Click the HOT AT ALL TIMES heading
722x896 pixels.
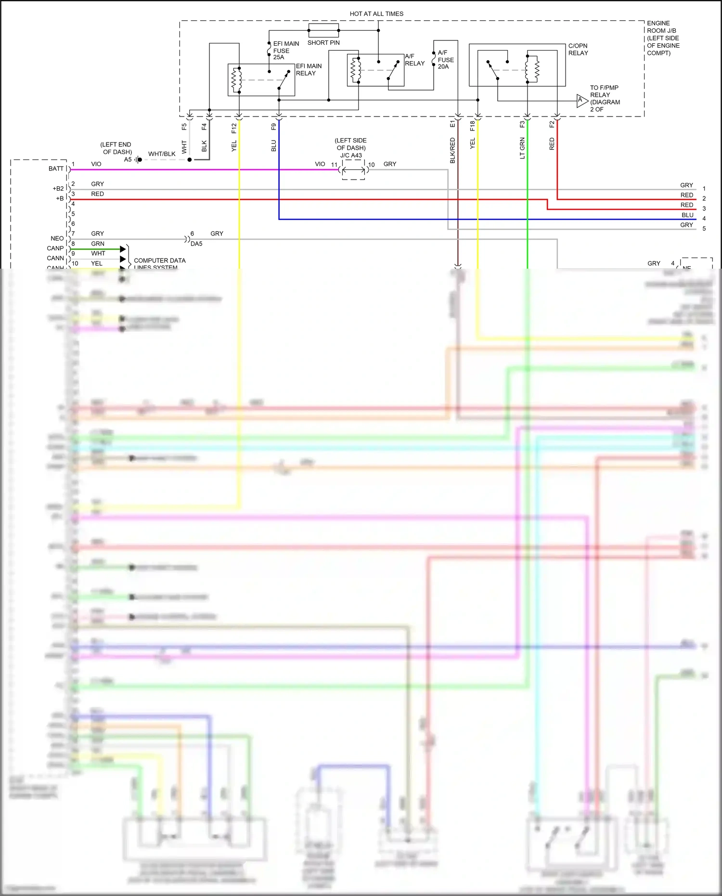(376, 14)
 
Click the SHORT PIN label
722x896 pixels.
(323, 43)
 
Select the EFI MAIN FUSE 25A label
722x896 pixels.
(286, 51)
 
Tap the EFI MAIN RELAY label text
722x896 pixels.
(309, 70)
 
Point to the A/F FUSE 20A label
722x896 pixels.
(445, 60)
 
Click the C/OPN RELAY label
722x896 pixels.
(578, 50)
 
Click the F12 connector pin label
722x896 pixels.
(234, 128)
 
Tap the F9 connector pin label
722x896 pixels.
(273, 127)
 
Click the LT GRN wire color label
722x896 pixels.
(522, 148)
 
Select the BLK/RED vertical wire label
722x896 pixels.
(452, 150)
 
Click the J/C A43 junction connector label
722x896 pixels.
(351, 156)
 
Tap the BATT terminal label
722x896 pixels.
(56, 169)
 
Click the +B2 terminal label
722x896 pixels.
(58, 189)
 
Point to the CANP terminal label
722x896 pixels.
(55, 248)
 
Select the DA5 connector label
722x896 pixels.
(196, 244)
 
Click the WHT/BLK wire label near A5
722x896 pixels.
(162, 154)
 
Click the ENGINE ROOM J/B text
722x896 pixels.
(663, 27)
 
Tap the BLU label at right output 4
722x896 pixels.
(687, 215)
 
